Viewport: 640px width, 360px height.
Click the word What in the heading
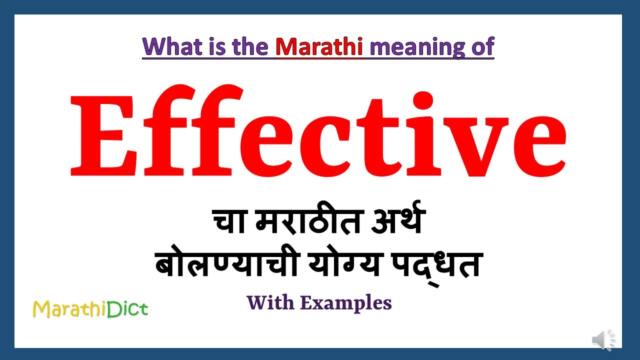point(167,46)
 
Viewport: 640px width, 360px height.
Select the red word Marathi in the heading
point(319,46)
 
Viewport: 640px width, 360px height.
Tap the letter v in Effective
point(462,145)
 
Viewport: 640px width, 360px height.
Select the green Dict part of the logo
point(129,309)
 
